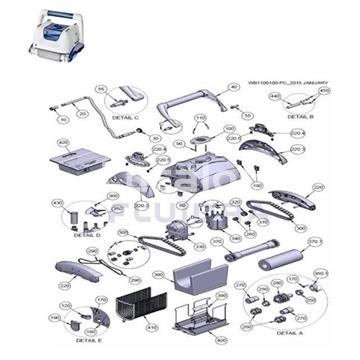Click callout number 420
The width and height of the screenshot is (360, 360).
tap(62, 143)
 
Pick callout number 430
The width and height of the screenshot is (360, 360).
tap(57, 202)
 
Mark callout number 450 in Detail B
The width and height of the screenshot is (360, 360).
tap(324, 91)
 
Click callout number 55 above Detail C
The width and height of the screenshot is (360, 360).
tap(100, 89)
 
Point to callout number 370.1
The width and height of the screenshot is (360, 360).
tap(315, 241)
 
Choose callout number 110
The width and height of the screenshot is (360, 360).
tap(199, 118)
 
